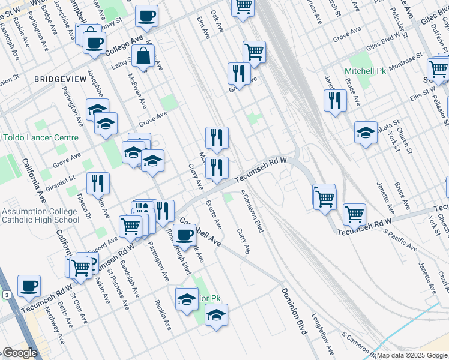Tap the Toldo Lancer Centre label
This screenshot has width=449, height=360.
tap(41, 137)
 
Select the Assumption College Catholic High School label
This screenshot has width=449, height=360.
tap(40, 215)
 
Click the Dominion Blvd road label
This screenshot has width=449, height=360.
tap(294, 311)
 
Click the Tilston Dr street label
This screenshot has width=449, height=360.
tap(84, 205)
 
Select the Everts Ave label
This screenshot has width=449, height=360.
tap(214, 215)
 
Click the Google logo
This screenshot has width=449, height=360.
tap(20, 353)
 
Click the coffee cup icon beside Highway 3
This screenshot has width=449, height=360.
tap(29, 286)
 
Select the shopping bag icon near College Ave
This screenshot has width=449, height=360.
tap(145, 56)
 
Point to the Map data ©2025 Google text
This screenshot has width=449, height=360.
tap(412, 355)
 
